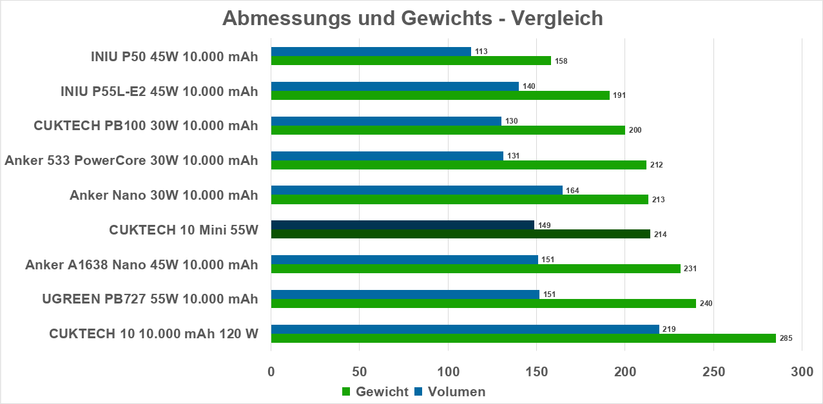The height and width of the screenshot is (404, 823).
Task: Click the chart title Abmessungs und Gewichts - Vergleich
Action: pos(412,18)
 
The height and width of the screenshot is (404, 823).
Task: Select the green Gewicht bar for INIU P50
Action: pos(411,61)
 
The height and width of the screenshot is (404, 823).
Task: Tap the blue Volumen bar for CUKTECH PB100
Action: pos(386,121)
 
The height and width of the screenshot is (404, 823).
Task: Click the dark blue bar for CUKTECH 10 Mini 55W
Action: pos(402,225)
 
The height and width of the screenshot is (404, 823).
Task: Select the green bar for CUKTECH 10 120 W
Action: pos(523,338)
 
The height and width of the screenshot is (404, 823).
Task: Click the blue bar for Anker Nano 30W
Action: pos(416,190)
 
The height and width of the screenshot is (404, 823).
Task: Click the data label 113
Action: pos(481,52)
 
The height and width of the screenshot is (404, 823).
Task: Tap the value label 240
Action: pos(706,303)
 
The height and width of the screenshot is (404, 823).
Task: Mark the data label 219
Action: pos(669,329)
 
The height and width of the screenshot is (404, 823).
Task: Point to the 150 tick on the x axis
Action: pos(536,372)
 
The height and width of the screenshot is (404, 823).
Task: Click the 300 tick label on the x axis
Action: pos(801,372)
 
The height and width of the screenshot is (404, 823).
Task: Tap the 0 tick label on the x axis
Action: pos(271,372)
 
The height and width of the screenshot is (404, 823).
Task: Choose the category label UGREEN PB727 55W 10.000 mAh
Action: pos(150,299)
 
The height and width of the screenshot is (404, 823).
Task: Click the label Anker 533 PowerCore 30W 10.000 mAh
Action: pos(131,160)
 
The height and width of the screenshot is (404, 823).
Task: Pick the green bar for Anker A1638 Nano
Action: pos(476,269)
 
